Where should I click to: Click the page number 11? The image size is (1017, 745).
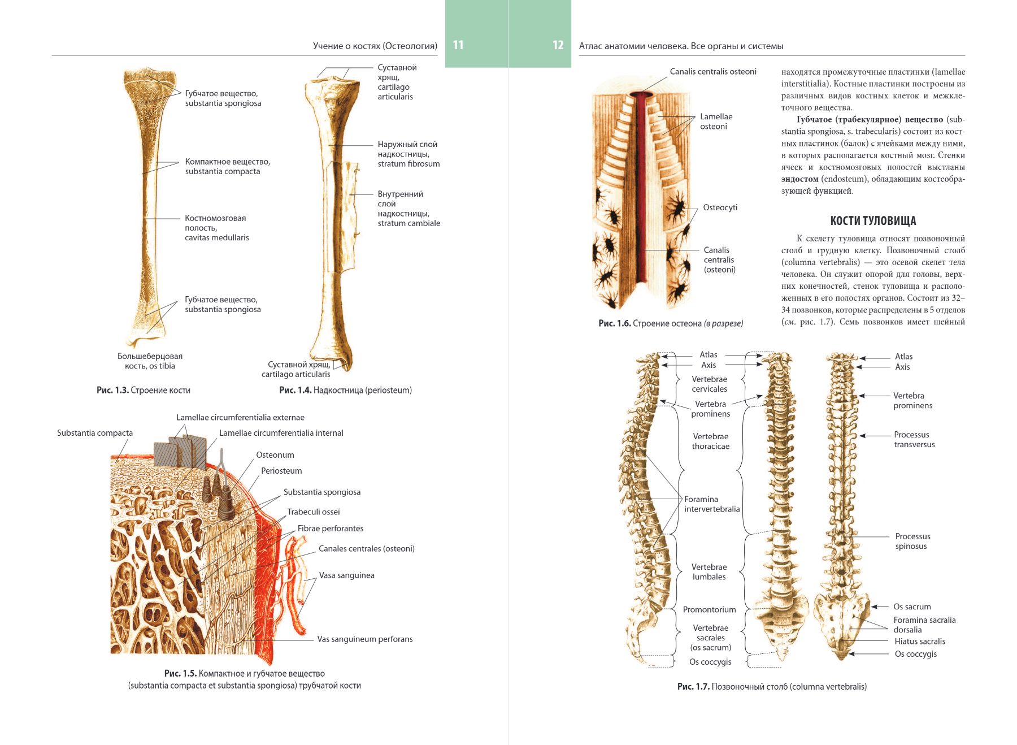coord(458,45)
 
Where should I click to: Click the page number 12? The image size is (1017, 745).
coord(558,45)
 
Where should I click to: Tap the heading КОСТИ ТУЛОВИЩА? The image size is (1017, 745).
coord(873,221)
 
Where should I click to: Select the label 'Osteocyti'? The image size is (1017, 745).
coord(720,207)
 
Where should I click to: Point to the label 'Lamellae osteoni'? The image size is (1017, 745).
coord(716,122)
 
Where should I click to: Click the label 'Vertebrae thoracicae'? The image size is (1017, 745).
coord(710,441)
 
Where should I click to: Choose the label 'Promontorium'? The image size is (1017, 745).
coord(709,609)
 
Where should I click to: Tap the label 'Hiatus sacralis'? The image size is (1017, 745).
coord(919,642)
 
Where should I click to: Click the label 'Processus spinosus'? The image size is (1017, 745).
coord(912,541)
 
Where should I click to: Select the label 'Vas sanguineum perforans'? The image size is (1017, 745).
coord(364,639)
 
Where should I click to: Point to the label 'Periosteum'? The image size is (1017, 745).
coord(281,471)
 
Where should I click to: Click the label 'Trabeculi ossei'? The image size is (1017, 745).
coord(314,512)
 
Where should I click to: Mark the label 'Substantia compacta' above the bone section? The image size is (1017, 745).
coord(95,433)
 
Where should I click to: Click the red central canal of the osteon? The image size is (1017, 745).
coord(641,192)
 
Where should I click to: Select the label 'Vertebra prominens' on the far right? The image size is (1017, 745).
coord(912,401)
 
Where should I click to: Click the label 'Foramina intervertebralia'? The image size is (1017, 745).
coord(711,504)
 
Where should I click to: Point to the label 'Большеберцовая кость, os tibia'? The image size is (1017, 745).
coord(150,361)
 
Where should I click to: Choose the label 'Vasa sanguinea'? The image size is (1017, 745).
coord(346,575)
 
